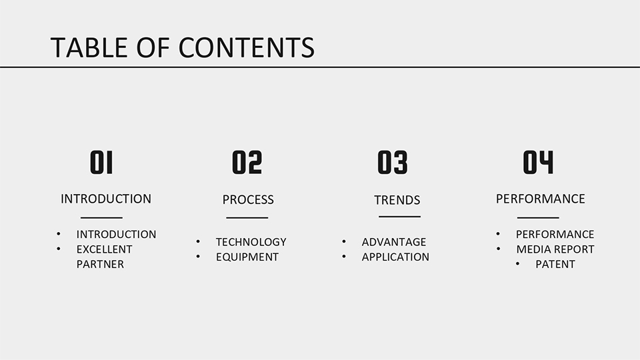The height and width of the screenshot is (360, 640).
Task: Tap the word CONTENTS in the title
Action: point(247,47)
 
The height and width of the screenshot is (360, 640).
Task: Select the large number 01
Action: point(101,163)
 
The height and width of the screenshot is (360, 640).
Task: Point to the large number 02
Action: point(247,163)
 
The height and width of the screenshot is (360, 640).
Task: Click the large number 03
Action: point(393,163)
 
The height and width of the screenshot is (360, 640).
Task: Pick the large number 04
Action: point(539,163)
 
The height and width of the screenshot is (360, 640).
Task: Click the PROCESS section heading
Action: point(248,199)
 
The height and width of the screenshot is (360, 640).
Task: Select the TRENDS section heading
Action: point(397,200)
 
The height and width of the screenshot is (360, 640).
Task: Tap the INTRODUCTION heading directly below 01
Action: point(106,199)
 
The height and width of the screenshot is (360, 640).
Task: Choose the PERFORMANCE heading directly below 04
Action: point(541,199)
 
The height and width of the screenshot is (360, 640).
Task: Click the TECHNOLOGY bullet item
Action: point(251,242)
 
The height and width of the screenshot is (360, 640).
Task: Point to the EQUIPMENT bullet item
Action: point(247,257)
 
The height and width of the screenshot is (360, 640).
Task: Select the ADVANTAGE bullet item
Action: point(394,242)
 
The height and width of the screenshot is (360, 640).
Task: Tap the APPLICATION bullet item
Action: point(395,257)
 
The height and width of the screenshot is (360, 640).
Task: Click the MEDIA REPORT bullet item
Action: point(555,249)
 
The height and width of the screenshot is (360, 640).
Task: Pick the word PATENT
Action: point(555,265)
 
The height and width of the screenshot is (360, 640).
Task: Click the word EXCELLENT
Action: point(105,249)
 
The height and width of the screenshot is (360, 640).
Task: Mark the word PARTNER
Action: point(100,265)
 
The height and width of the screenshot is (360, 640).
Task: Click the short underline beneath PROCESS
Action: point(247,217)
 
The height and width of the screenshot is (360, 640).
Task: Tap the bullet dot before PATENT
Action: point(517,264)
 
